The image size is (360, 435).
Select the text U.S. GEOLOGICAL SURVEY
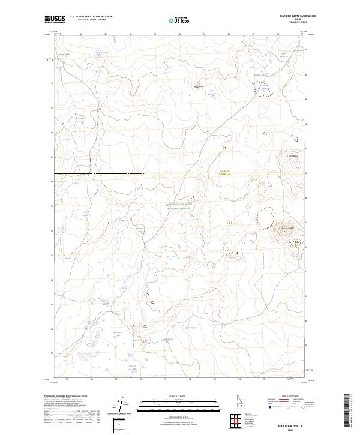[90, 20]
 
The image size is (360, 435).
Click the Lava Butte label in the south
[144, 326]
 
